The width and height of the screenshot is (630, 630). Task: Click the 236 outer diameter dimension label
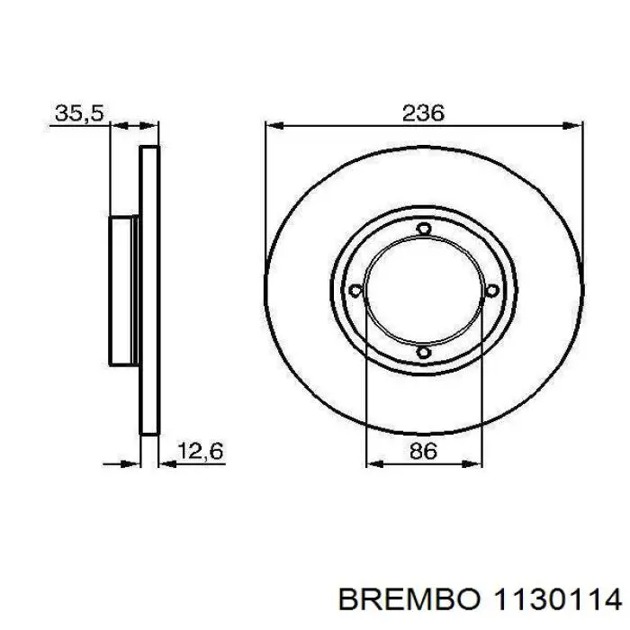(423, 112)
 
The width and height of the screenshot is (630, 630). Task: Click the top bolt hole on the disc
(423, 229)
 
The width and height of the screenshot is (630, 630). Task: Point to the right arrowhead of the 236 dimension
(574, 126)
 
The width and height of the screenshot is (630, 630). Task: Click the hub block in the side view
(123, 290)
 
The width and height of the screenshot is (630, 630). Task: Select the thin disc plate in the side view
(149, 290)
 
